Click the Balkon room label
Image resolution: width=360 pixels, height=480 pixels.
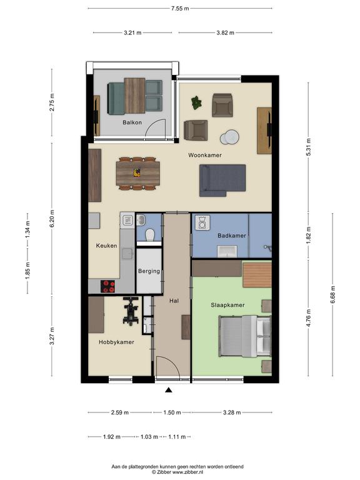132,122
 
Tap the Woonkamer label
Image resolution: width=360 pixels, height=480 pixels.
205,155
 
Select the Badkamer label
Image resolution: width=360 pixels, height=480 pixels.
232,236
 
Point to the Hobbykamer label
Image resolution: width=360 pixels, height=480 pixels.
116,342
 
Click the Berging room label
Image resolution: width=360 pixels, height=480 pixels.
149,271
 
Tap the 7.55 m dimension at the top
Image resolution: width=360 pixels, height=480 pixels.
180,8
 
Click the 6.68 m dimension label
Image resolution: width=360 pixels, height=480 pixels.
332,294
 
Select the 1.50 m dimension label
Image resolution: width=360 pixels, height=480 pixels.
172,412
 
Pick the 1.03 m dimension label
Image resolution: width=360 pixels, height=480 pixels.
149,436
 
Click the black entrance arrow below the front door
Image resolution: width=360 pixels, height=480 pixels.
168,390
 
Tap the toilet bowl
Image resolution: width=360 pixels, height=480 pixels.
150,235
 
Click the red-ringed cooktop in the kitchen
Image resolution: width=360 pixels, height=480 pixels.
107,286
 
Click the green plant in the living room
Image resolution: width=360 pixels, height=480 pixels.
196,102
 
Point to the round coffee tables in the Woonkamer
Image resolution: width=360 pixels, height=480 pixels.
229,137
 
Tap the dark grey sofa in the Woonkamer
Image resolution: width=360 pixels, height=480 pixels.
222,180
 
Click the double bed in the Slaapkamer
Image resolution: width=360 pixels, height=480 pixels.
245,336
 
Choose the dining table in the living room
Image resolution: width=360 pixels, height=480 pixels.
137,173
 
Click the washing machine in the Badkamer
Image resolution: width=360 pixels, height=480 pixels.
202,222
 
